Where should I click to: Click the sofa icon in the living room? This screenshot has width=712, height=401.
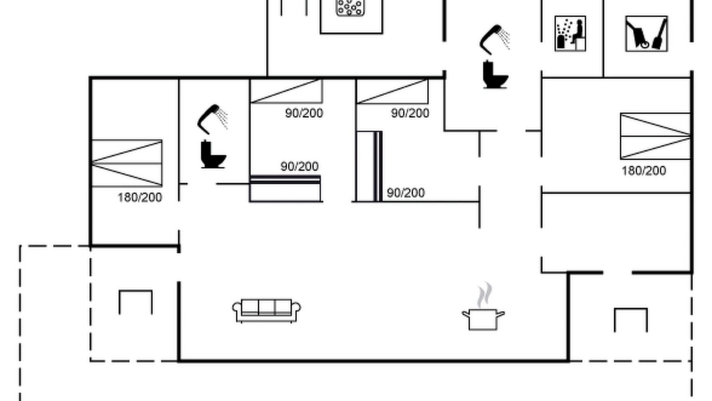point(266,311)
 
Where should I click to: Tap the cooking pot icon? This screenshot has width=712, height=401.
point(483,320)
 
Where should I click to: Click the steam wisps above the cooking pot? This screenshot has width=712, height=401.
point(484,295)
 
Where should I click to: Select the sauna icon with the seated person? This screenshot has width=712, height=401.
point(570,33)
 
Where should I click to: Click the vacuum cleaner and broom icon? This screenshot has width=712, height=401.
point(646,34)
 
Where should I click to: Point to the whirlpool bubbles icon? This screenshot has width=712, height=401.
point(350,8)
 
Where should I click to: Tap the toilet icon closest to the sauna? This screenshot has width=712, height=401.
point(495,75)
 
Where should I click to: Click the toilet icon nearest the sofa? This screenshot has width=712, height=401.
point(213,154)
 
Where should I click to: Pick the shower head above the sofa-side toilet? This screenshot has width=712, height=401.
point(212,119)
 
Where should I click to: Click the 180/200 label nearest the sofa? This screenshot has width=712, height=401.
point(140,198)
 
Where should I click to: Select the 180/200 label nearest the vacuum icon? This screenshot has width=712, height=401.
point(644,171)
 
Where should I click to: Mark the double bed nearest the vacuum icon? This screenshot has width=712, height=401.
point(655,136)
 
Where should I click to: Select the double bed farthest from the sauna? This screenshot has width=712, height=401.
point(127,163)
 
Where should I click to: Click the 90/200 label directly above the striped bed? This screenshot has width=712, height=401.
point(299,167)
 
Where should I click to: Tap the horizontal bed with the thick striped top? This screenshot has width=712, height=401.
point(285,188)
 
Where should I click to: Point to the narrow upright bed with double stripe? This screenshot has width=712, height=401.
point(369,166)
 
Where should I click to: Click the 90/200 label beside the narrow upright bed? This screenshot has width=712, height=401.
point(406,193)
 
